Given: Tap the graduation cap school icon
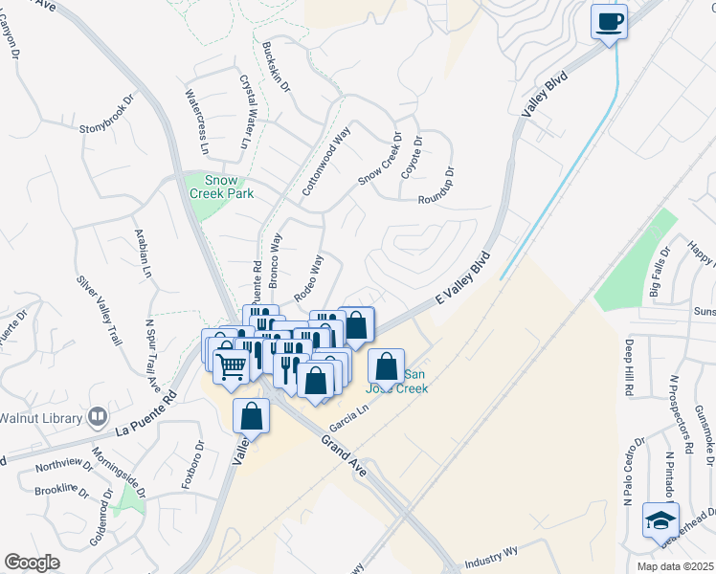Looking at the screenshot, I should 660,519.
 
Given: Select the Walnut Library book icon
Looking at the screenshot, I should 97,416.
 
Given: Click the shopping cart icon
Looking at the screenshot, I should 231,364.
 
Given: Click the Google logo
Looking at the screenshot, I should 32,562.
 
